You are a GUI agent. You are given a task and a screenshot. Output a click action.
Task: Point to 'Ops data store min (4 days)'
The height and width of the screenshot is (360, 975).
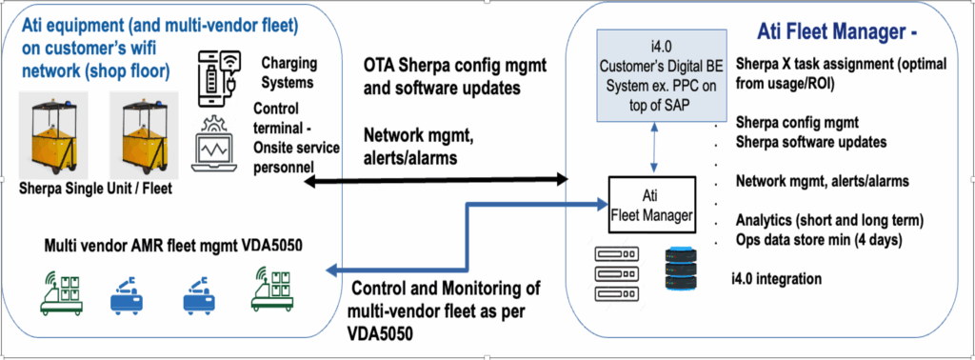[825, 239]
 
